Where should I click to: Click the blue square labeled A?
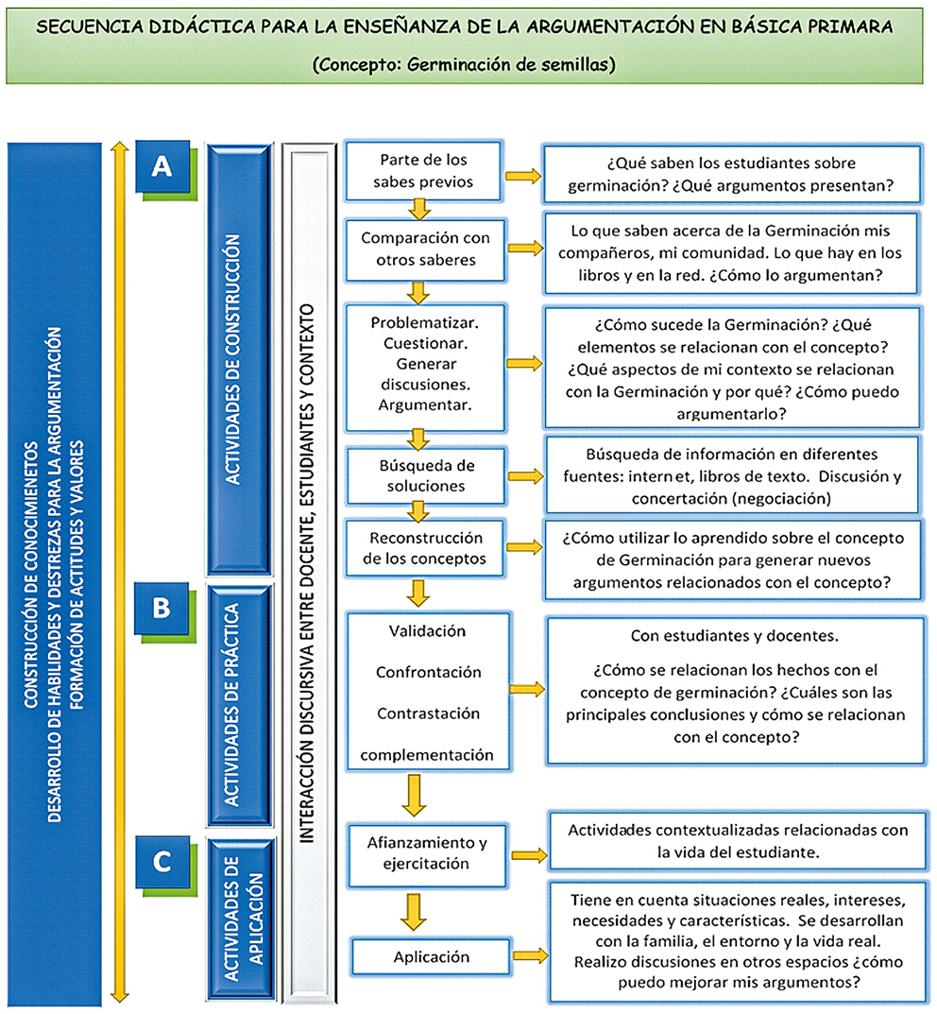(162, 167)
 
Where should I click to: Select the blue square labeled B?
(162, 608)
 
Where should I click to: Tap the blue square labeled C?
(162, 861)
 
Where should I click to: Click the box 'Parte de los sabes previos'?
(423, 170)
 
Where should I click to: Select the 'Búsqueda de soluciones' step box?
(423, 475)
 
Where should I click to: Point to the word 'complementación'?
(427, 755)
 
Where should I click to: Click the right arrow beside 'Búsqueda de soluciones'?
(524, 474)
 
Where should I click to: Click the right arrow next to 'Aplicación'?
(530, 956)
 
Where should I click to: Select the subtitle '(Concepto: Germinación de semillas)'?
(468, 65)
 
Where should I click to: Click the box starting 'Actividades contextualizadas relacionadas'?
(737, 840)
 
